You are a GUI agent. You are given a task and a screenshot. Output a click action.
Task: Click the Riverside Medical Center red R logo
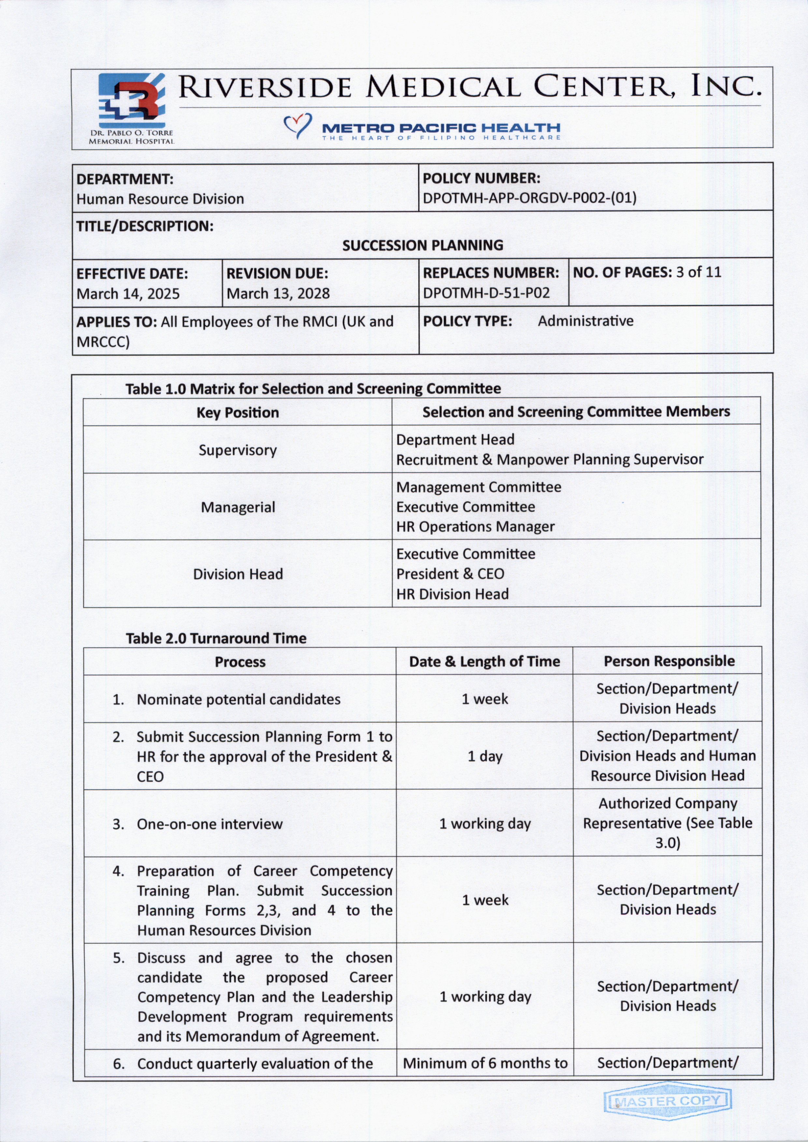click(x=132, y=101)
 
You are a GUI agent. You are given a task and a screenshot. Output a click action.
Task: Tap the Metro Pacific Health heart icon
click(x=297, y=125)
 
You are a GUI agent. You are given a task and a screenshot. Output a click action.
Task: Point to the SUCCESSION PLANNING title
click(x=423, y=245)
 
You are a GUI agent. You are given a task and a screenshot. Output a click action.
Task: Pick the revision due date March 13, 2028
click(x=278, y=293)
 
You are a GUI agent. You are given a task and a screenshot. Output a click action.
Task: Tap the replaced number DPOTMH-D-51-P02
click(x=486, y=293)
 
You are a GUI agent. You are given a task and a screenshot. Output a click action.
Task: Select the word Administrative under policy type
click(x=585, y=321)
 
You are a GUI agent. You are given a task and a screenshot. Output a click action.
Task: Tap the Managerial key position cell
click(x=238, y=507)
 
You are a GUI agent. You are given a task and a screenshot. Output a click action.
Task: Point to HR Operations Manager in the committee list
click(x=475, y=527)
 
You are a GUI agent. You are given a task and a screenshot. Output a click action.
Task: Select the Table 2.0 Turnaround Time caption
click(x=216, y=638)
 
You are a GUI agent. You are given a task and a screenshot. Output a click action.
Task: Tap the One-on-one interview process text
click(x=209, y=824)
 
